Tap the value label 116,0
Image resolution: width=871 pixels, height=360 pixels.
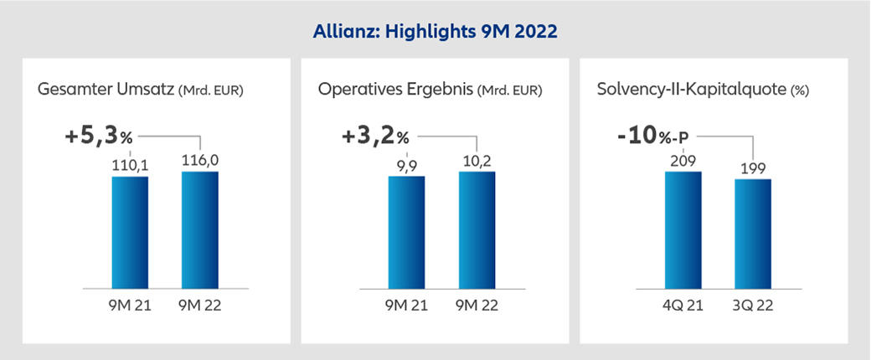[200, 161]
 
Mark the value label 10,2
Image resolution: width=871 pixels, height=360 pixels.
[477, 161]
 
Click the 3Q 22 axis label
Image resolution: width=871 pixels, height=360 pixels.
[753, 306]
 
